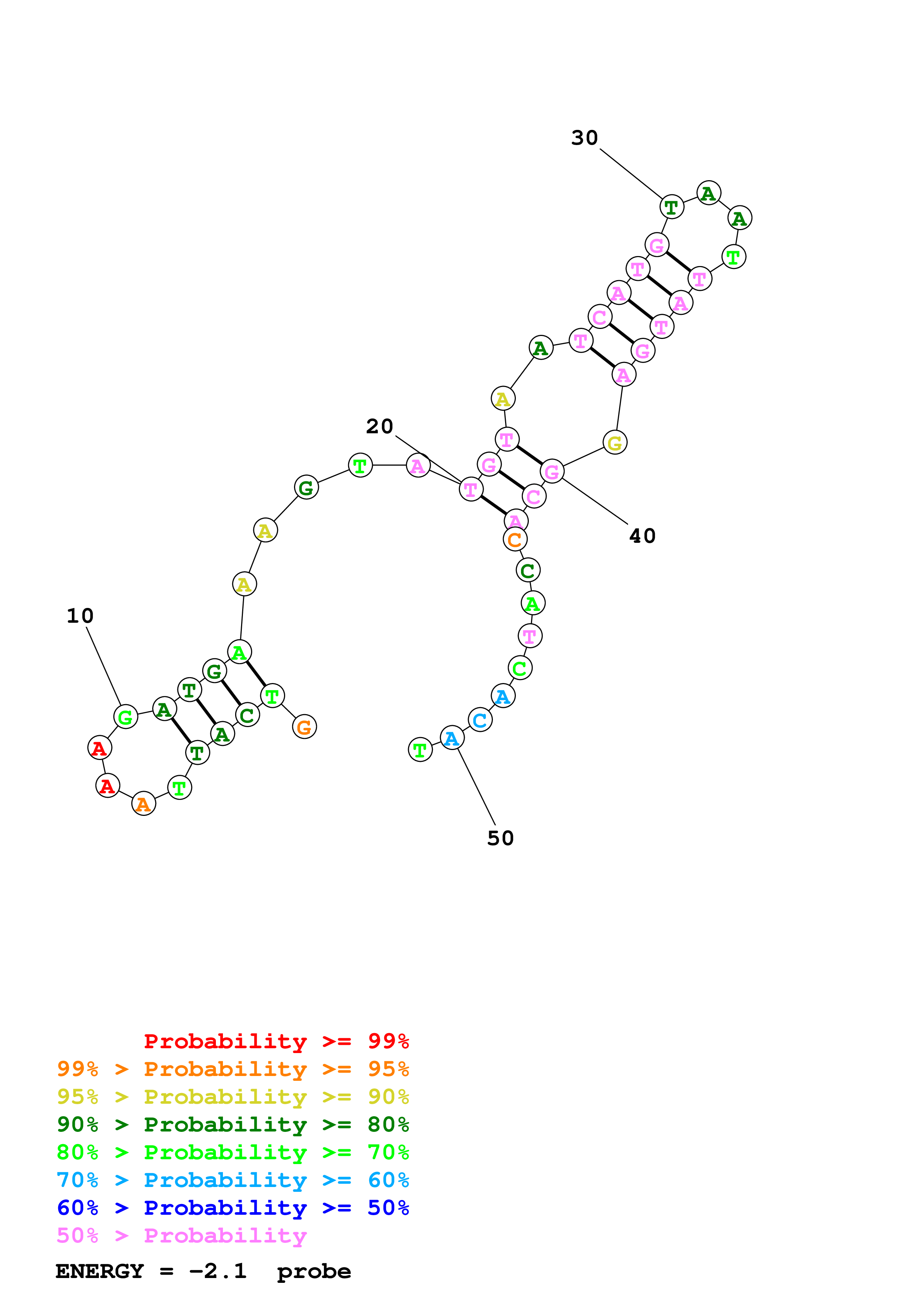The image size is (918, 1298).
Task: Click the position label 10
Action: point(80,616)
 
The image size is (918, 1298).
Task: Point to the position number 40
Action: point(642,536)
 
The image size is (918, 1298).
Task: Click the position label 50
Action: point(500,838)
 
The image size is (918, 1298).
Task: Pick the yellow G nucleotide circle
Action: point(615,443)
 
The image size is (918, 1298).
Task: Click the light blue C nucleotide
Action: point(480,720)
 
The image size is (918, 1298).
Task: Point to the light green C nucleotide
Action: point(520,668)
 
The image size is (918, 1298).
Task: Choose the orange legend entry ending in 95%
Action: point(233,1069)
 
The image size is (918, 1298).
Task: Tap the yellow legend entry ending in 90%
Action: point(233,1096)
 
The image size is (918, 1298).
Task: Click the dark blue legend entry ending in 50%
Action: point(233,1208)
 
